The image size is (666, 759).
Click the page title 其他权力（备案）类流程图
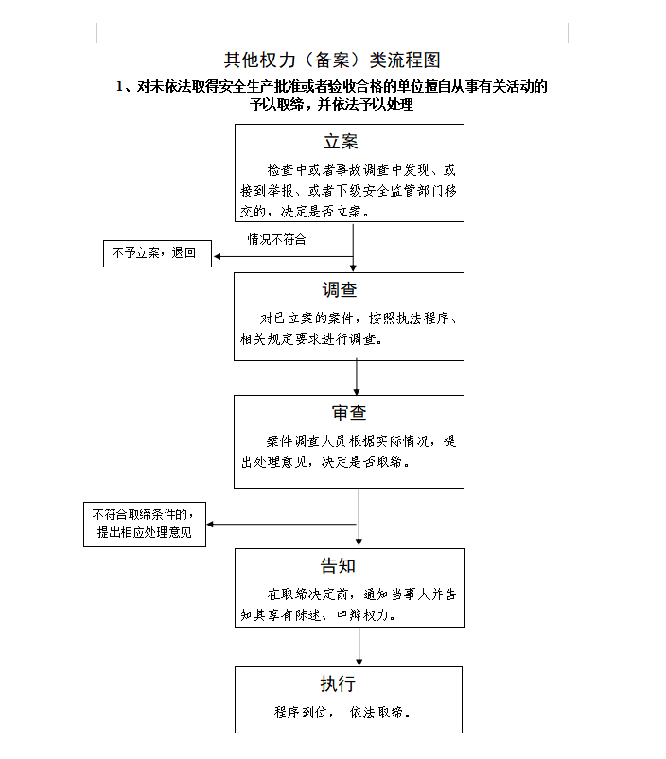coord(332,60)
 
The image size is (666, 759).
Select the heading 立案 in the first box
coord(341,142)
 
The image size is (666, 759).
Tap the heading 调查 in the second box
coord(340,289)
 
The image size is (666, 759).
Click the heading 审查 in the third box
coord(349,412)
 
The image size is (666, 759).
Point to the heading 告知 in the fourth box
coord(338,565)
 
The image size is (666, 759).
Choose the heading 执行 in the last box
coord(338,683)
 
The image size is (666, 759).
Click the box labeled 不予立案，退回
coord(157,253)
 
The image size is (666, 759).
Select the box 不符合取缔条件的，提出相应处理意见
coord(145,525)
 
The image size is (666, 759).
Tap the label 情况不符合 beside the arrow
coord(276,239)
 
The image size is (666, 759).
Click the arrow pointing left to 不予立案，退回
coord(284,256)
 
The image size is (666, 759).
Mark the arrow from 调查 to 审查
coord(357,377)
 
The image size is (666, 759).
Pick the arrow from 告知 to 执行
coord(359,647)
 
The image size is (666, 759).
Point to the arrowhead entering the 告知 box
coord(359,543)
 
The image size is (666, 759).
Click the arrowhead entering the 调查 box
coord(353,268)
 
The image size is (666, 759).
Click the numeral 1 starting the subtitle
coord(119,87)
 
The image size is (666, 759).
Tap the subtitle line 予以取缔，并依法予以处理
coord(332,104)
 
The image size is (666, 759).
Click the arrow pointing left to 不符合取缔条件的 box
coord(281,525)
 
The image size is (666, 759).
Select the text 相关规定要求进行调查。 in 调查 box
coord(312,338)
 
